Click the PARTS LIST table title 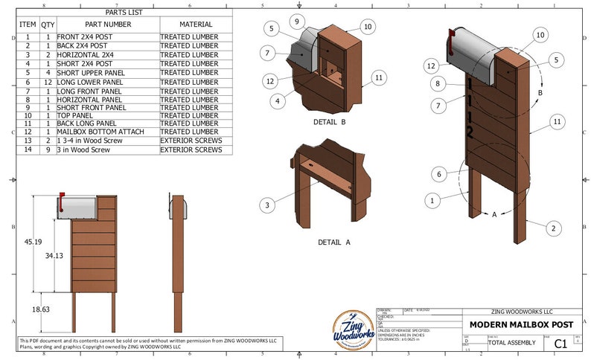point(125,13)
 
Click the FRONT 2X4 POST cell point(87,36)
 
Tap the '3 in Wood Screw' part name point(83,150)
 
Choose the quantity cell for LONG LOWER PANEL point(48,83)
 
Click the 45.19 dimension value point(32,242)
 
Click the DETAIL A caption point(333,242)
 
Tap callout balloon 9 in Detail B point(296,21)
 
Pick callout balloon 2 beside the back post point(552,228)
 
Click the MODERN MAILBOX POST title point(521,324)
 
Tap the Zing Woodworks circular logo point(353,330)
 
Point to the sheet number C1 point(560,343)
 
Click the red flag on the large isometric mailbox point(450,41)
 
